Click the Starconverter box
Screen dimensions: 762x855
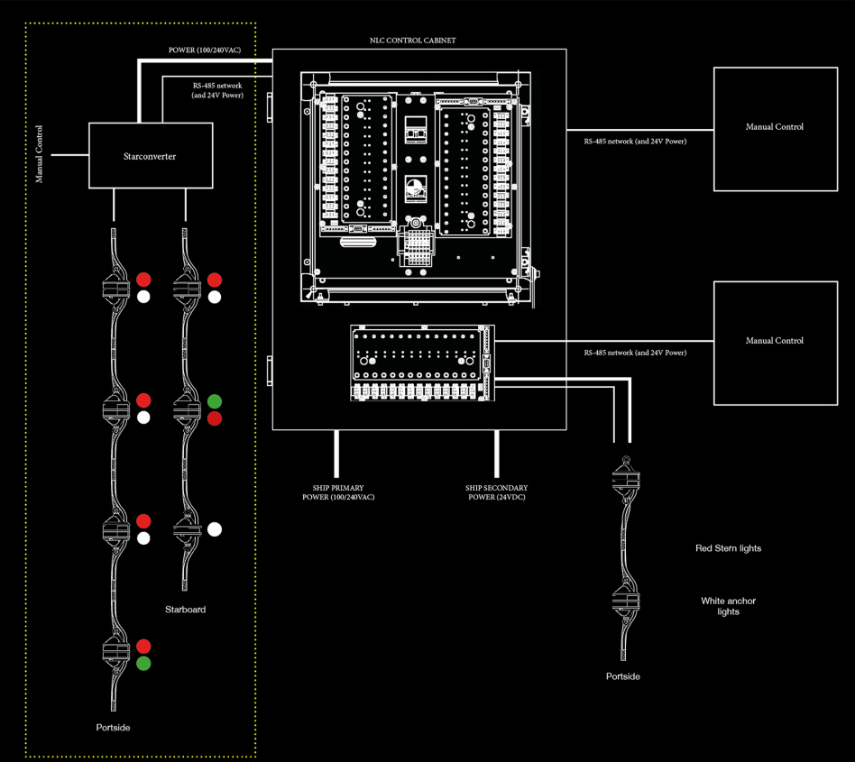[150, 156]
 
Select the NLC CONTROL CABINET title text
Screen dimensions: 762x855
[412, 41]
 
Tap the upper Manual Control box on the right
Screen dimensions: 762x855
[774, 128]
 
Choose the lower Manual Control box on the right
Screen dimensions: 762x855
[774, 341]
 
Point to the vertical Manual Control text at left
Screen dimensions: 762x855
[39, 154]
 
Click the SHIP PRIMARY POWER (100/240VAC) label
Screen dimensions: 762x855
[337, 492]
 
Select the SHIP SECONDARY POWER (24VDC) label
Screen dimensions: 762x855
[496, 492]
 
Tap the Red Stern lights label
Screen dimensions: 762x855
[728, 548]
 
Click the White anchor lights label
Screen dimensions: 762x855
[728, 606]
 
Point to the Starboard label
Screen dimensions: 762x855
[185, 610]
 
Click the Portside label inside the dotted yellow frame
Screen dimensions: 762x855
[113, 728]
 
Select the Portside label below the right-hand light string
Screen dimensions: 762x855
[622, 676]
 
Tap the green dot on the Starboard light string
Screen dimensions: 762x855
[215, 401]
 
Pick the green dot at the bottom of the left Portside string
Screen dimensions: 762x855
[143, 664]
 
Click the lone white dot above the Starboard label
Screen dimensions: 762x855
[215, 529]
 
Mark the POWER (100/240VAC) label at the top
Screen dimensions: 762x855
[204, 50]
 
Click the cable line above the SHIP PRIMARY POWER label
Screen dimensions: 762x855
[336, 454]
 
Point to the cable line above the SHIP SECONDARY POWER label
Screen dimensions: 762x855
[496, 454]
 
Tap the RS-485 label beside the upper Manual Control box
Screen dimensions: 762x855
[634, 142]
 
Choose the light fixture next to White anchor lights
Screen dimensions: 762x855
[623, 600]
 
